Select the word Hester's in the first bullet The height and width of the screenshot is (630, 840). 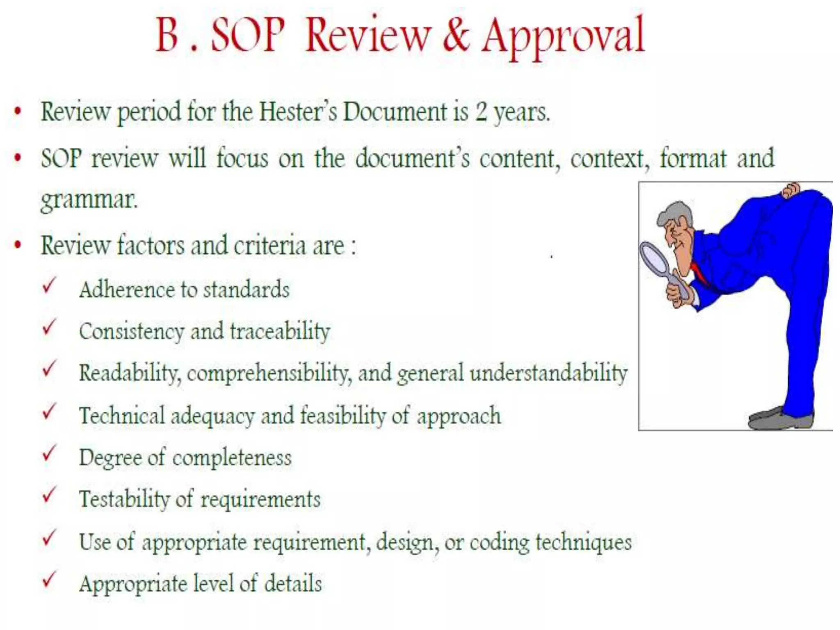point(298,112)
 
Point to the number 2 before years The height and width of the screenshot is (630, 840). point(482,112)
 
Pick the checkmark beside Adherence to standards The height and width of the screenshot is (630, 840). point(49,286)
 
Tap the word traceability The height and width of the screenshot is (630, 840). point(280,331)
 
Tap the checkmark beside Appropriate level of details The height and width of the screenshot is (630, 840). point(49,580)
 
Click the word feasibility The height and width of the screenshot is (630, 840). point(343,415)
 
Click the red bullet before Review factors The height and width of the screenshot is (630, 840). point(18,245)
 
